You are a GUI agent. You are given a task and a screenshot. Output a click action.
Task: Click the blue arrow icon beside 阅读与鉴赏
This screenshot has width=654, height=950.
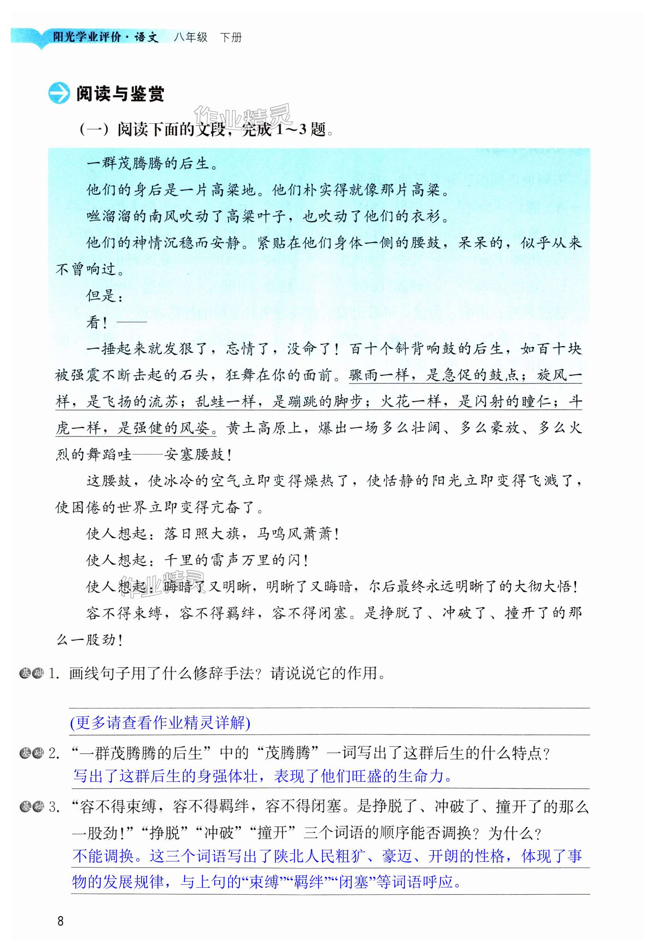click(x=59, y=94)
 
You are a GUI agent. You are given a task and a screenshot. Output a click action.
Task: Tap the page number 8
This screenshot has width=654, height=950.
click(x=61, y=921)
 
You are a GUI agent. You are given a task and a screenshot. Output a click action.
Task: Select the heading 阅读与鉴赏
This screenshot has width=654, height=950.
click(x=120, y=94)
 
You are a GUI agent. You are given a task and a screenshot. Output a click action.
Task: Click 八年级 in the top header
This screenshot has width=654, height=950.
click(x=191, y=37)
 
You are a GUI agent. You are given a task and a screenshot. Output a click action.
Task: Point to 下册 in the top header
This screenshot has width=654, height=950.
click(x=231, y=37)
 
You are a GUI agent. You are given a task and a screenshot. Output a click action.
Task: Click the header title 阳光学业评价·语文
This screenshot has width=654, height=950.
click(x=105, y=37)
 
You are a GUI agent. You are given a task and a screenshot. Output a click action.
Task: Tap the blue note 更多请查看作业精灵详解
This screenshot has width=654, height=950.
click(x=160, y=722)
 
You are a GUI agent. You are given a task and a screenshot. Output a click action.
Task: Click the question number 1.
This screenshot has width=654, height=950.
click(x=53, y=673)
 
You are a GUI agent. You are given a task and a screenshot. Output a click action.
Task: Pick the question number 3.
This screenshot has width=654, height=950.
click(x=53, y=806)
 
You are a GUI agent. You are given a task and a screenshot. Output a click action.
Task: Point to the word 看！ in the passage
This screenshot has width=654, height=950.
click(x=97, y=322)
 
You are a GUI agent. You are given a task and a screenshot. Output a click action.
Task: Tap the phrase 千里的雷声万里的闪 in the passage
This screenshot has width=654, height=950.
click(x=232, y=560)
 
